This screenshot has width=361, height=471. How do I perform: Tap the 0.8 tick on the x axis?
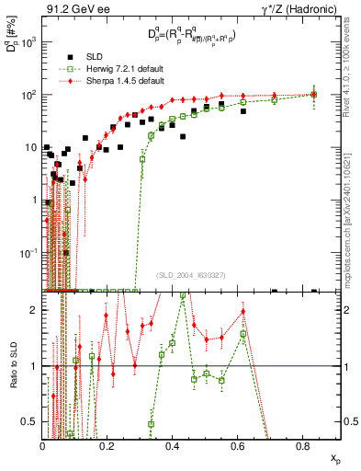(303, 447)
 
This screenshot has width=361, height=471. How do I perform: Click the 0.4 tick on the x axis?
(173, 447)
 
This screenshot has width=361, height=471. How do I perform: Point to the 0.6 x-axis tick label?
(238, 447)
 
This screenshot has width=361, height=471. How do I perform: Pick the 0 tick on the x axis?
(43, 447)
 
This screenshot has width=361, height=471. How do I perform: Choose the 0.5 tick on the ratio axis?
(31, 421)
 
